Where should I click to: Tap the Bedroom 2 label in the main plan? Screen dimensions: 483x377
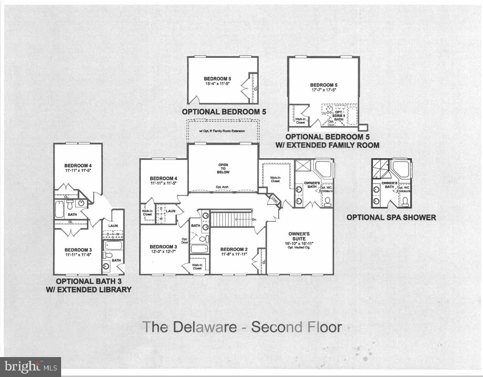tap(234, 249)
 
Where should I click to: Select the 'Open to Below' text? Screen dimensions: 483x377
tap(224, 168)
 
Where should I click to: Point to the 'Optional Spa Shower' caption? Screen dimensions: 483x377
tap(391, 217)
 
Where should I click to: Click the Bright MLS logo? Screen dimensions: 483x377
tap(31, 367)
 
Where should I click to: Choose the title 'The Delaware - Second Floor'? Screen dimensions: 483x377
tap(242, 326)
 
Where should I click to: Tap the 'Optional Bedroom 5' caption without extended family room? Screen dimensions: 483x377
tap(224, 112)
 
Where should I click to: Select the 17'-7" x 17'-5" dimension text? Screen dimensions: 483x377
tap(323, 90)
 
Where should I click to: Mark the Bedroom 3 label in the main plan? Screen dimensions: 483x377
tap(163, 246)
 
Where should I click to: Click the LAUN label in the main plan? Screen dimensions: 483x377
tap(171, 211)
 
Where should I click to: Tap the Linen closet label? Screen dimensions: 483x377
tap(274, 200)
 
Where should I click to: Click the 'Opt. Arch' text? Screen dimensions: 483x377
tap(223, 187)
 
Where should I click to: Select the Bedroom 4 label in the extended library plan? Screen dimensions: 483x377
tap(78, 166)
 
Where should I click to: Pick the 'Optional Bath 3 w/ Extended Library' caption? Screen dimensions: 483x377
tap(94, 285)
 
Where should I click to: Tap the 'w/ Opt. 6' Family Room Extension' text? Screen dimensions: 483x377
tap(222, 131)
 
